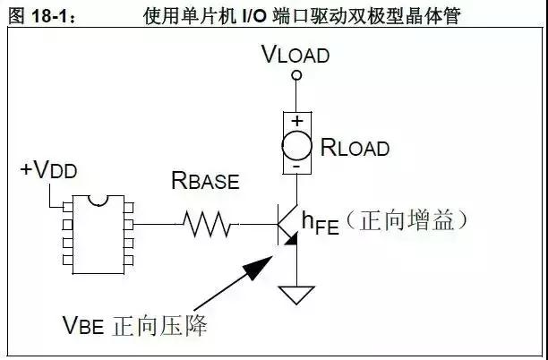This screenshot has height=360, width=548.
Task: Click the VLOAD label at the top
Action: click(x=295, y=55)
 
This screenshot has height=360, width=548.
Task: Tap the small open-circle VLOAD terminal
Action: click(x=295, y=77)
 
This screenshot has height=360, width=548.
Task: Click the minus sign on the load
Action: click(x=295, y=166)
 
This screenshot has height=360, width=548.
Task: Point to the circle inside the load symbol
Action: click(x=295, y=143)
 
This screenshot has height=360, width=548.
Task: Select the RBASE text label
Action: click(x=205, y=182)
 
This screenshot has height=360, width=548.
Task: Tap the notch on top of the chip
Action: click(x=98, y=199)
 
